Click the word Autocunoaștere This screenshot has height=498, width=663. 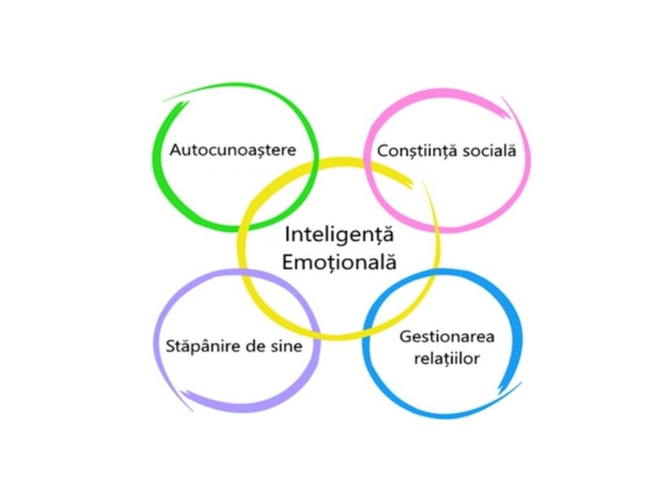click(233, 150)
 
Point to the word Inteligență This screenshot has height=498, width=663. click(339, 234)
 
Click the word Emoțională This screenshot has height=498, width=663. click(339, 263)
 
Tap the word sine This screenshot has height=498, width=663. click(286, 346)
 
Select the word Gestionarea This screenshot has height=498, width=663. click(447, 337)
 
